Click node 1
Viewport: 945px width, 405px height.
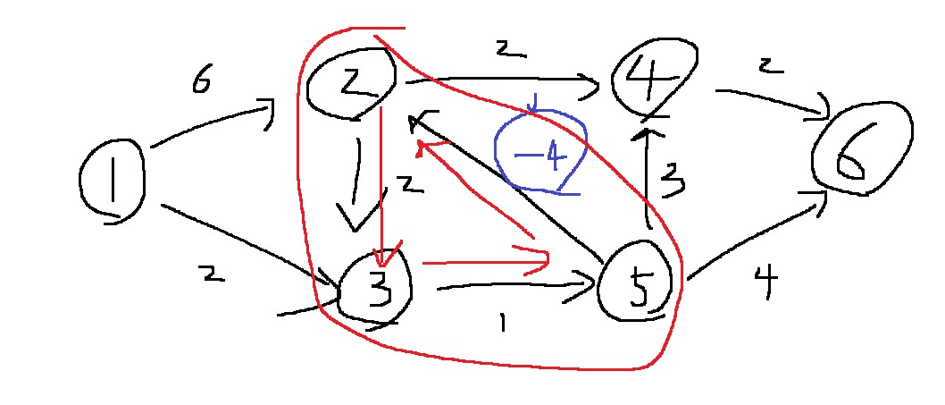pyautogui.click(x=112, y=181)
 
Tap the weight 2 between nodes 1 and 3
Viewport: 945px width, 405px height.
pyautogui.click(x=213, y=276)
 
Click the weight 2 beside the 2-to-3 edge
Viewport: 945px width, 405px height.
pyautogui.click(x=408, y=185)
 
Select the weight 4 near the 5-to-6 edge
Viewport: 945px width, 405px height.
pyautogui.click(x=765, y=284)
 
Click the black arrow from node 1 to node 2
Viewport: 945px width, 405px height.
pyautogui.click(x=210, y=128)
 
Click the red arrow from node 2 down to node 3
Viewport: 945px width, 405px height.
pyautogui.click(x=381, y=179)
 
